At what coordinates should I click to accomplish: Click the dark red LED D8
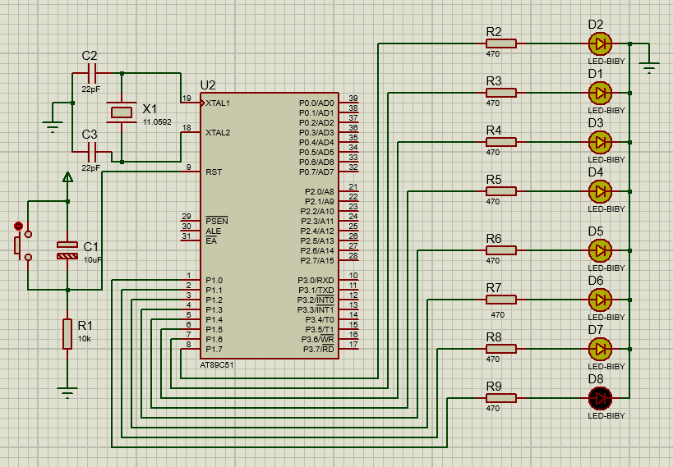pos(600,398)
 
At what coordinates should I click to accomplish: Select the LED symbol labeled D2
pos(600,43)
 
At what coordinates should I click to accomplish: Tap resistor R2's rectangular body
pos(501,43)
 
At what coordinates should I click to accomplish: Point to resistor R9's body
pos(501,398)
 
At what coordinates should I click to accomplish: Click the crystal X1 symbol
pos(122,112)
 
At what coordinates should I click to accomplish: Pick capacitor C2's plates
pos(92,73)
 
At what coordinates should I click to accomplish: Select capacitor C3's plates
pos(92,152)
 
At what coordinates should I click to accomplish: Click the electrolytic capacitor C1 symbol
pos(67,250)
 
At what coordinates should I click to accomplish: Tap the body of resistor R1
pos(67,334)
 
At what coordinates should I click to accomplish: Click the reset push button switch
pos(21,245)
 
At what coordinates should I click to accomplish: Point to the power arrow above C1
pos(67,176)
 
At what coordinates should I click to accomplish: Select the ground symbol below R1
pos(67,393)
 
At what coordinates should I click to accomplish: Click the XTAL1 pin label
pos(218,103)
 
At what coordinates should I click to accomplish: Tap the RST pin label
pos(214,172)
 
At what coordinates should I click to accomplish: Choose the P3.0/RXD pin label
pos(316,281)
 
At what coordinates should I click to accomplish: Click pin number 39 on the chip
pos(353,98)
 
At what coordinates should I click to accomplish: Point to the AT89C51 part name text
pos(217,365)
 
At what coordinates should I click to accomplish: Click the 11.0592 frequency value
pos(157,121)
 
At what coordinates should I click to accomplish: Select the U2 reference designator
pos(208,85)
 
